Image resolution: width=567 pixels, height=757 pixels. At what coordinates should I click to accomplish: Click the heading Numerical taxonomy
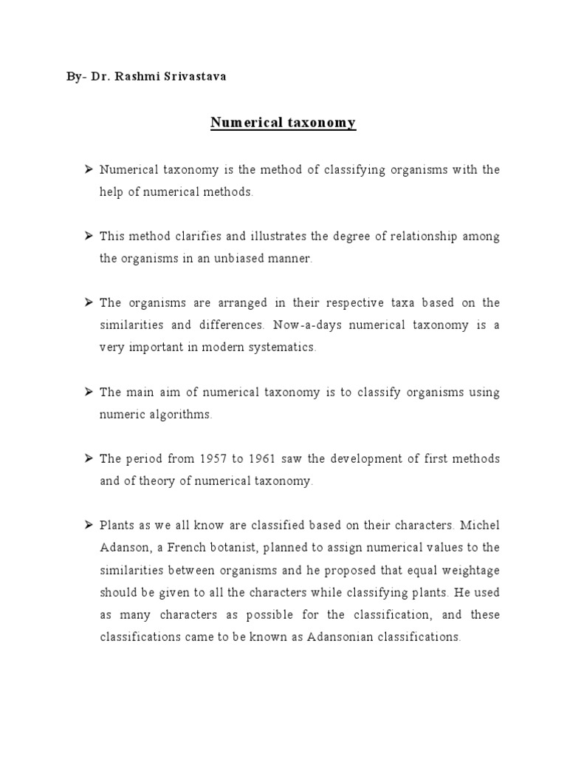273,123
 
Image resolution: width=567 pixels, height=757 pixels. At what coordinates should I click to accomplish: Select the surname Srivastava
192,76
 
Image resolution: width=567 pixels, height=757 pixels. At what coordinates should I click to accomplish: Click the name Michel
480,526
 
